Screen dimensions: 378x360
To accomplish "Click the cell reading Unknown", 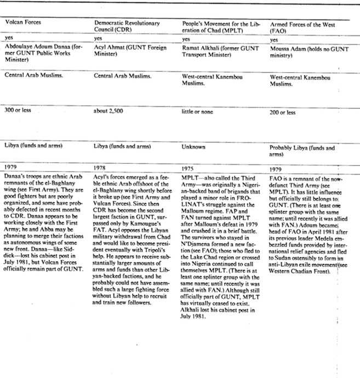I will tap(193, 147).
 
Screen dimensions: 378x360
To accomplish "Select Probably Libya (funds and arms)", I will tap(302, 150).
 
